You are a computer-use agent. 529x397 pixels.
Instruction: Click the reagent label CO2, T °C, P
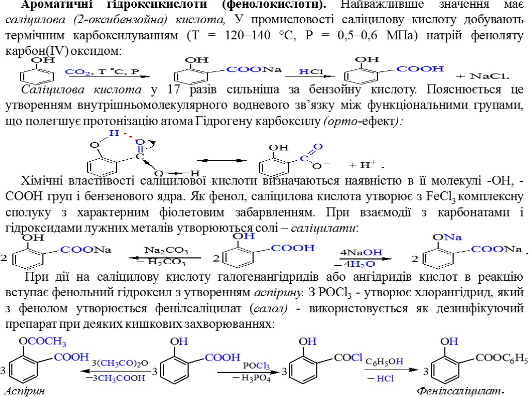click(x=102, y=71)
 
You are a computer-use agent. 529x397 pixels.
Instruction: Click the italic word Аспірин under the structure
click(x=23, y=390)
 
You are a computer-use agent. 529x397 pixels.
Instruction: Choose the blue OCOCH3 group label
click(x=42, y=342)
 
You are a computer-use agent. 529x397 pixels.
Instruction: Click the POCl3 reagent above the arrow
click(x=256, y=365)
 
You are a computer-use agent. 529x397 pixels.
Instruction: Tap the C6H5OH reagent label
click(x=385, y=361)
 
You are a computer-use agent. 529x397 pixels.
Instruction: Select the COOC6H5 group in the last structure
click(x=502, y=357)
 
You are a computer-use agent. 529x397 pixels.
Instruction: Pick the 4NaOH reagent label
click(x=361, y=252)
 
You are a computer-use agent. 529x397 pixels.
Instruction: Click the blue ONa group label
click(x=447, y=237)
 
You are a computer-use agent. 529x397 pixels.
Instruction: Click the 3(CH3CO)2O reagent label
click(x=120, y=362)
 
